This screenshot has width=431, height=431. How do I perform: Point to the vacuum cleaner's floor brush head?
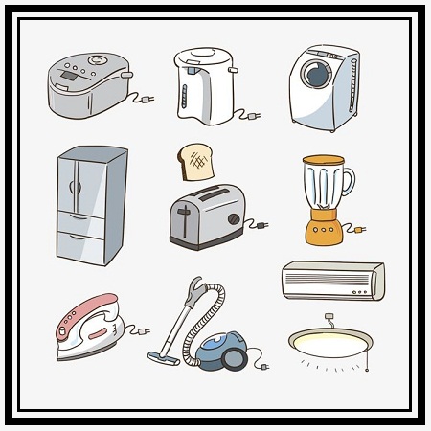point(162,358)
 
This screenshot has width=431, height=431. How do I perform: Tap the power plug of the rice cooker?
point(146,97)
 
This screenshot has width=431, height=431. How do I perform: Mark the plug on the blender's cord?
point(359,230)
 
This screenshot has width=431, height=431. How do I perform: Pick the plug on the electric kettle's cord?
point(254,117)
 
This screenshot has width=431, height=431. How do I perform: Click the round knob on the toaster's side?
point(233,218)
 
